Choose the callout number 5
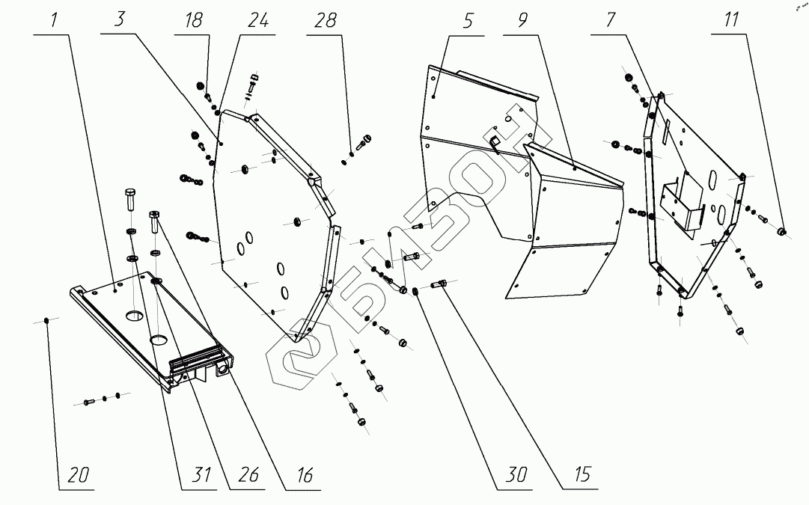[x=468, y=20]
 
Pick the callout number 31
[x=197, y=476]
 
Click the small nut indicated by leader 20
[x=47, y=320]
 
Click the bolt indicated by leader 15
[x=441, y=284]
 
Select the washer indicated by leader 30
[x=416, y=290]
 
